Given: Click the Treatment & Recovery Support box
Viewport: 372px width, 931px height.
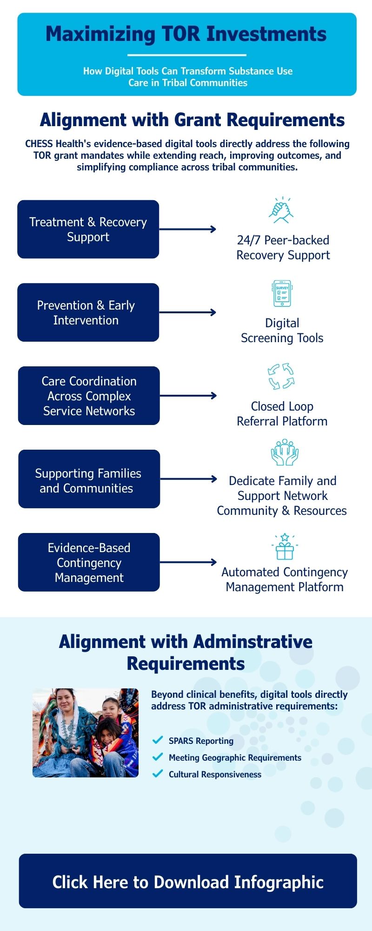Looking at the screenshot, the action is coord(88,229).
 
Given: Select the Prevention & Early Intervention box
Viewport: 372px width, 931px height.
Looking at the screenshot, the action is coord(88,312).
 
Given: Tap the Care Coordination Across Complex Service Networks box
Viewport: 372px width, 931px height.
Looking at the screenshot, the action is coord(89,396).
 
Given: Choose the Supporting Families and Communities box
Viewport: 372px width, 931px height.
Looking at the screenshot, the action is coord(89,479).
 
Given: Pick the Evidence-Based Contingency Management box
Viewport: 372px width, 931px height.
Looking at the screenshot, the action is coord(89,562).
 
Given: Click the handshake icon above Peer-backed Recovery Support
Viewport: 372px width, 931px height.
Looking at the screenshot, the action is coord(282,210).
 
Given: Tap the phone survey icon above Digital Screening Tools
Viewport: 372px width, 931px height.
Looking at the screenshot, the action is coord(282,293).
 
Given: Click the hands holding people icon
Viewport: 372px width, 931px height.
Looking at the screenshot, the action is coord(284,452).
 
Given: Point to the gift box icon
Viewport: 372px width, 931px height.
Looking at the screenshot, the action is coord(285,547).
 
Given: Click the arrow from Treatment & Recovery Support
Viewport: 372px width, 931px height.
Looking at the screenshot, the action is coord(188,229).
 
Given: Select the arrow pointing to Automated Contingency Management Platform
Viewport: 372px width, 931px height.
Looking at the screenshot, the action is coord(188,562).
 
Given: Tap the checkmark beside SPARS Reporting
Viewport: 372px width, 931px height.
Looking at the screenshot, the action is coord(158,740).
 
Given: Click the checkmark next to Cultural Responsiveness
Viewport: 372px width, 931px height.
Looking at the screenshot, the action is coord(158,774).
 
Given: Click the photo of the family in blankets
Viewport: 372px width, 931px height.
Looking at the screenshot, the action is coord(86,733).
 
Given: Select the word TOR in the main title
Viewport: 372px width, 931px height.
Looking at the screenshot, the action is coord(181,34).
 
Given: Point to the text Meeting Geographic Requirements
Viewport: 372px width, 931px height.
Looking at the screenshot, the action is coord(235,757).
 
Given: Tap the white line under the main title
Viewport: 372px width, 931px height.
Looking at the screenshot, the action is coord(187,55).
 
